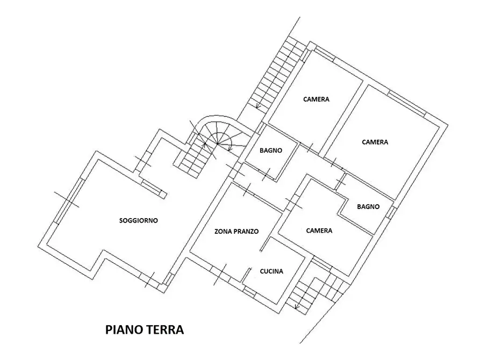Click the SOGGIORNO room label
[139, 220]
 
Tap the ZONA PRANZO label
[237, 232]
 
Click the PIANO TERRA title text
[144, 329]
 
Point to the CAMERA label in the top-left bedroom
[316, 99]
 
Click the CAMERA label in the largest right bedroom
[375, 142]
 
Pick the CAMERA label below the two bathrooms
[319, 231]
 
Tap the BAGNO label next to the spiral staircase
[271, 150]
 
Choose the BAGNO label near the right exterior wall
[368, 206]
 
